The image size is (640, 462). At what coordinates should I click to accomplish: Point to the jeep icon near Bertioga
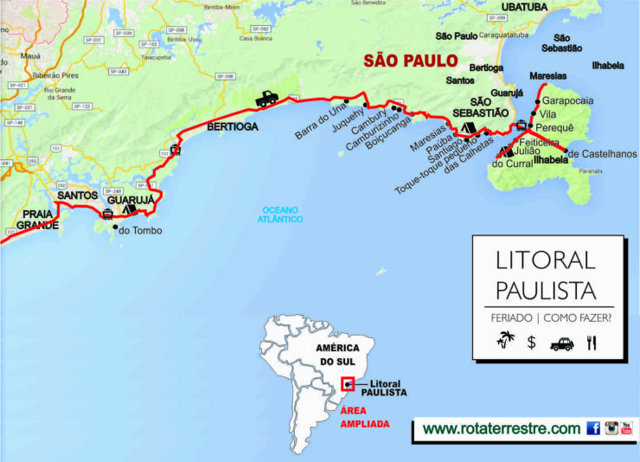[x=266, y=99]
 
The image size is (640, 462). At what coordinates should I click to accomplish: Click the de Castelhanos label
[x=601, y=153]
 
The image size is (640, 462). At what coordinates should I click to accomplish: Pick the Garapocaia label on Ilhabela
[x=567, y=101]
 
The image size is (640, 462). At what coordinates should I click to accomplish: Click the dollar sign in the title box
[x=532, y=343]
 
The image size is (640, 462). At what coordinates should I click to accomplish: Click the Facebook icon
[x=593, y=428]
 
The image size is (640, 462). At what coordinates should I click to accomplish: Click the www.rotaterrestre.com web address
[x=501, y=428]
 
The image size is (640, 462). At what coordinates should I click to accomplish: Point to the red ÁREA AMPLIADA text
[x=364, y=418]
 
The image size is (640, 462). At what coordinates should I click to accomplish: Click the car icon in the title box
[x=561, y=343]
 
